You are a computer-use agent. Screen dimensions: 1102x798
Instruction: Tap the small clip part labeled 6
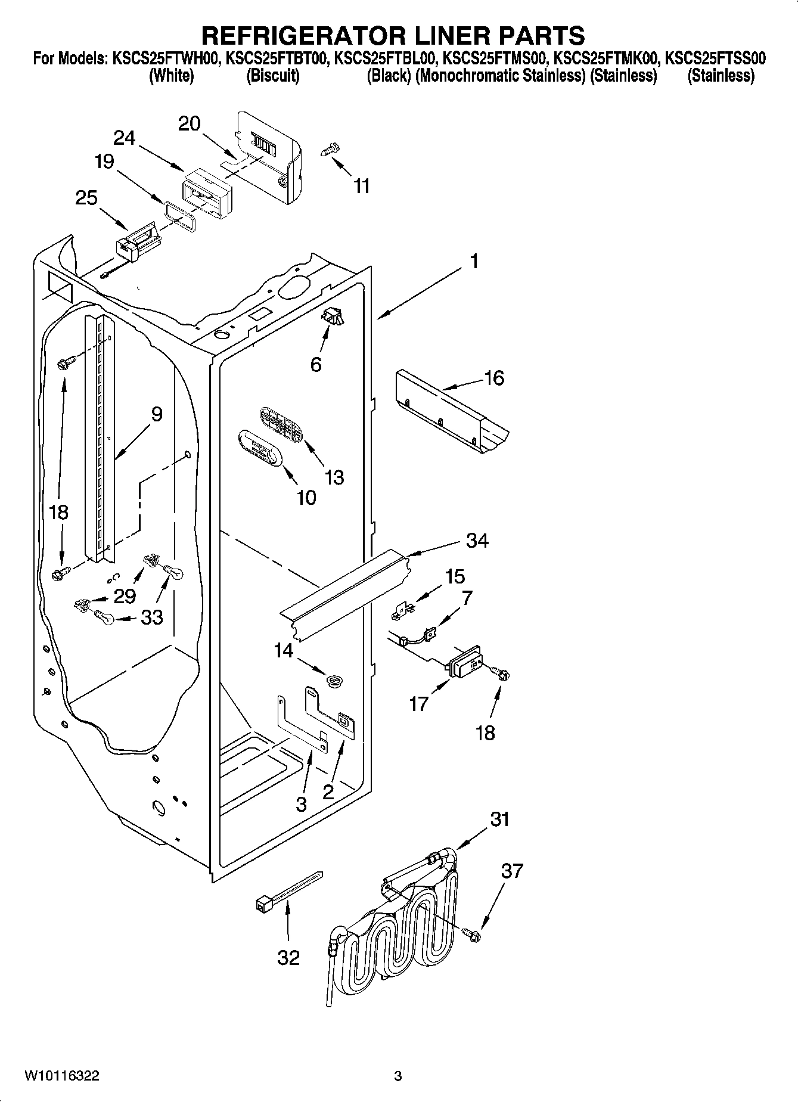click(333, 318)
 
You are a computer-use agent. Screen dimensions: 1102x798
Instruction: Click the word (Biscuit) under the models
click(272, 76)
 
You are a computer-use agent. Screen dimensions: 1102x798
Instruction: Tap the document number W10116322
click(61, 1076)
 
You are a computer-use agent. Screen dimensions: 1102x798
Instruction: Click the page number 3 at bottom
click(398, 1076)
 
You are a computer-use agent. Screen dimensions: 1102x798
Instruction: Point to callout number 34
click(477, 541)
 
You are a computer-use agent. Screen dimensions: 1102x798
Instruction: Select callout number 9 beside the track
click(156, 414)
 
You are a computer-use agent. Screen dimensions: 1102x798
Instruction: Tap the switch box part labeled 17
click(468, 661)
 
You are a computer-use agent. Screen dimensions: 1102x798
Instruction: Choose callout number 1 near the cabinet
click(474, 261)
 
